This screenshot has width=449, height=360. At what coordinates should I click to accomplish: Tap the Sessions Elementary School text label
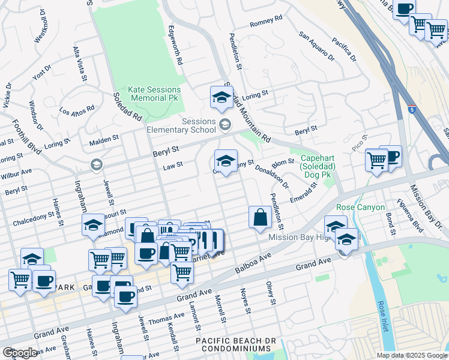coord(182,125)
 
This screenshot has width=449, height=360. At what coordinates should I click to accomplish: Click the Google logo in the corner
coord(20,352)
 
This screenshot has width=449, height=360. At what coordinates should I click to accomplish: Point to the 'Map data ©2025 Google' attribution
coord(412,355)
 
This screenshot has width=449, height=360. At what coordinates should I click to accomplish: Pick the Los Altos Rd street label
coord(77,110)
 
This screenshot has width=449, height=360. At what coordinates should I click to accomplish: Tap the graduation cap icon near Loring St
coord(221,98)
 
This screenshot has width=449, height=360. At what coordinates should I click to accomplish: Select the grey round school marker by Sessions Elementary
coord(225,125)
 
